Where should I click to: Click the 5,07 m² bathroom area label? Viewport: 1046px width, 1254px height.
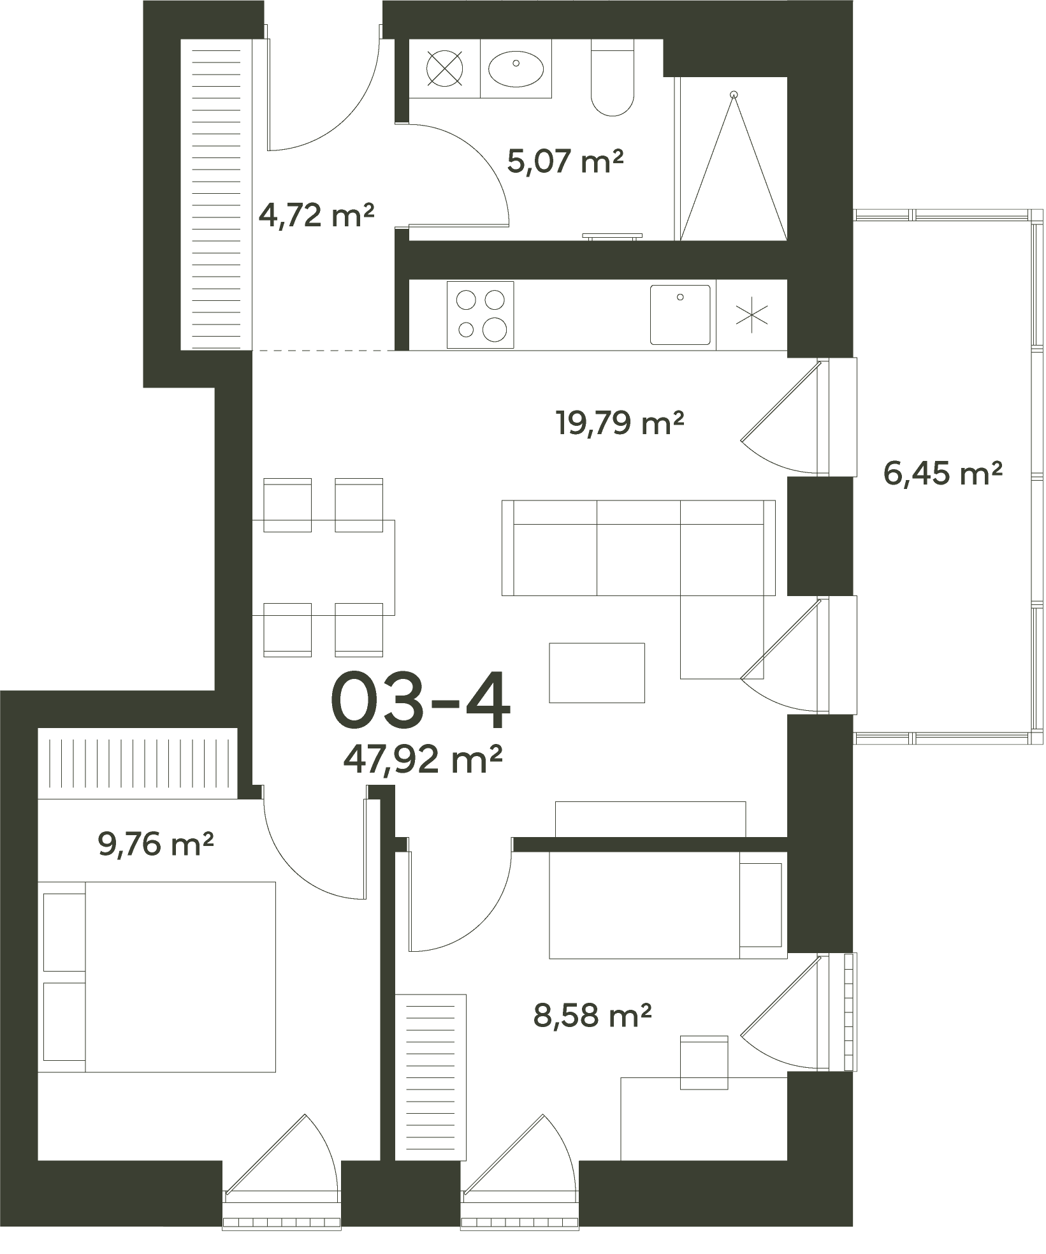coord(565,161)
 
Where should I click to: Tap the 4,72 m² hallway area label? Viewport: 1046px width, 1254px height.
coord(316,216)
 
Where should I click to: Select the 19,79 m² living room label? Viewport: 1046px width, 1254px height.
coord(620,423)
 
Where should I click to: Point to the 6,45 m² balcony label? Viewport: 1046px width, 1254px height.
coord(943,474)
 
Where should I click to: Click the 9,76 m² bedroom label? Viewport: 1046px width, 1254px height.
coord(156,844)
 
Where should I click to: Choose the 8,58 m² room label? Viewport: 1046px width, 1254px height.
coord(592,1015)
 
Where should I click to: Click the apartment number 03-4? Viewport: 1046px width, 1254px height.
coord(421,700)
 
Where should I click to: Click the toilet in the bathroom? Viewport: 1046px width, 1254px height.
coord(613,77)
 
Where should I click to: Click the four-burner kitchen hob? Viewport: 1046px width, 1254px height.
coord(480,315)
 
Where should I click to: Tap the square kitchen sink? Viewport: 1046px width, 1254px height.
coord(680,314)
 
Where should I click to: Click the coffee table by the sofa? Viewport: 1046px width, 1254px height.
coord(597,673)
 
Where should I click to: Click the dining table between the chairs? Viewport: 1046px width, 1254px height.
coord(323,567)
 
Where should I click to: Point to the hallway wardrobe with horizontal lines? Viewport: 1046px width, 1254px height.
coord(217,194)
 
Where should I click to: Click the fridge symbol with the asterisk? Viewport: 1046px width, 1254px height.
coord(752,315)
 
